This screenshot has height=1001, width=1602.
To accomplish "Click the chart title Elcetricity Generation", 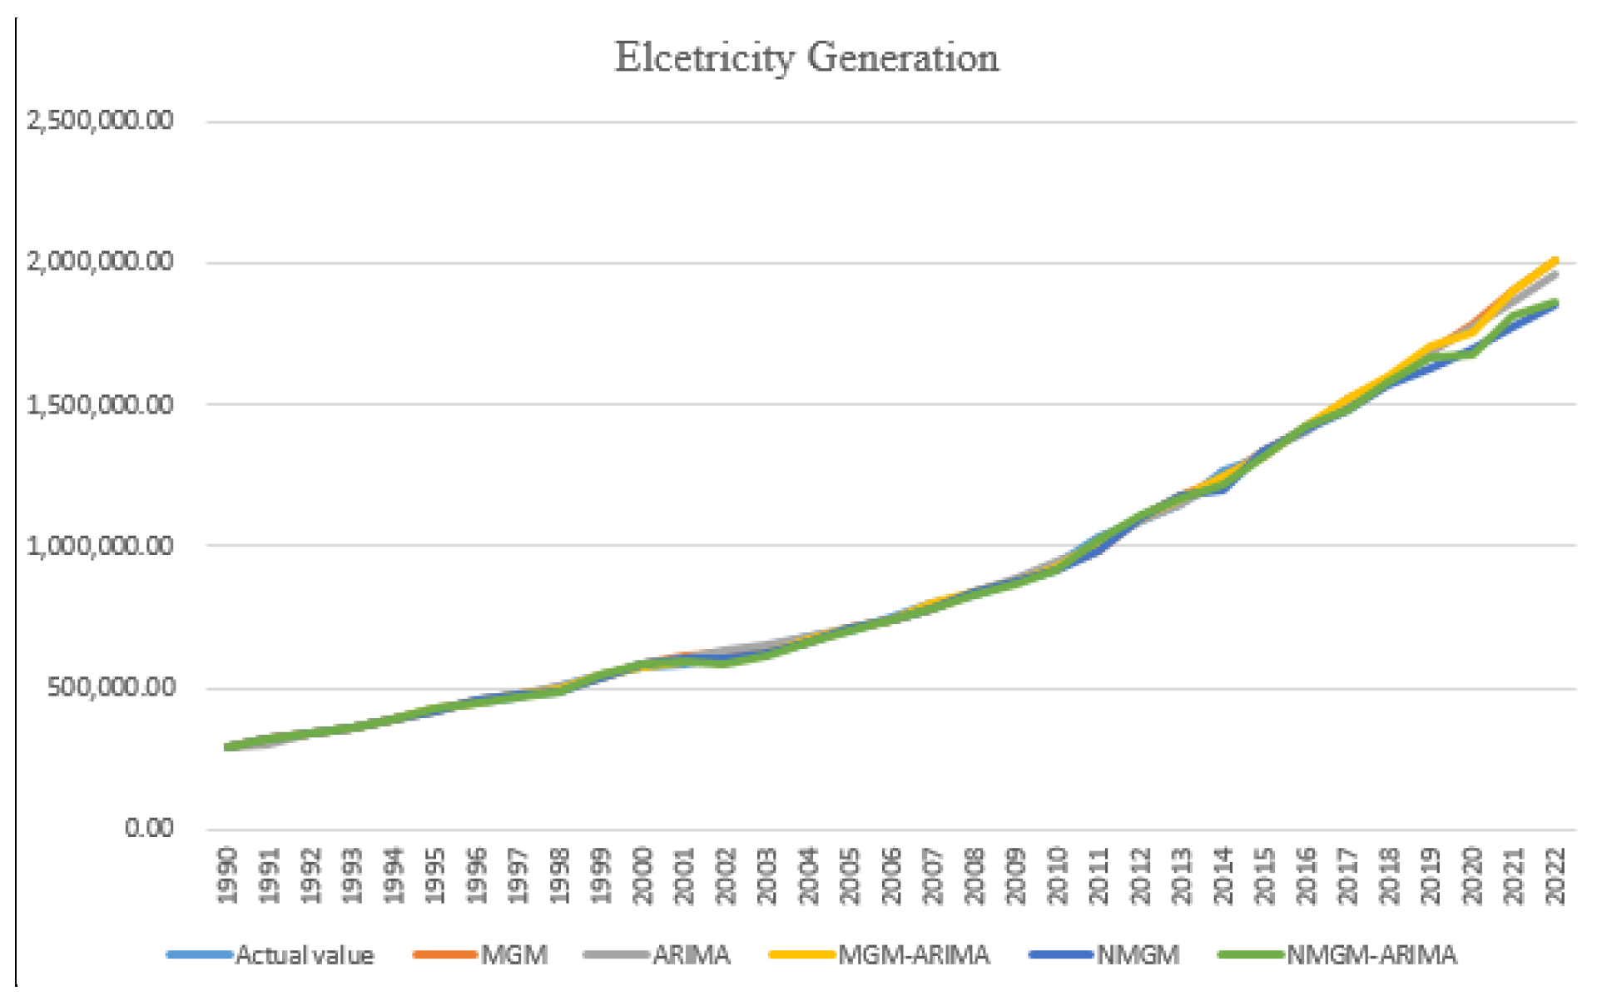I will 806,58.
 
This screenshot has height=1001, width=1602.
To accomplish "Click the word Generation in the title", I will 902,58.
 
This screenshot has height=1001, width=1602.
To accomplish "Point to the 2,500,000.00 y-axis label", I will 101,121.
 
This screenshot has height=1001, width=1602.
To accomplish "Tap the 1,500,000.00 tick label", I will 101,405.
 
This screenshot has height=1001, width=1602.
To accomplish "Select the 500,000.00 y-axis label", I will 111,688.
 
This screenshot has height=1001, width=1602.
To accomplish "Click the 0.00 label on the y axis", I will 149,829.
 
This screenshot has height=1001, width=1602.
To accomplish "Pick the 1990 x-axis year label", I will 227,875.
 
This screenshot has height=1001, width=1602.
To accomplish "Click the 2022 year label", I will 1555,875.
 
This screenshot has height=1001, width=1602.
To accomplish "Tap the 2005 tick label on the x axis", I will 850,875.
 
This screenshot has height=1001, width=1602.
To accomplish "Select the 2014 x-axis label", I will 1223,875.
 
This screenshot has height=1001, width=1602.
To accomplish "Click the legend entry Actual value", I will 305,955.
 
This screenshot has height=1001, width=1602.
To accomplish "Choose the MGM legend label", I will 514,955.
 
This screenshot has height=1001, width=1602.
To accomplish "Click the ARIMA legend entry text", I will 692,955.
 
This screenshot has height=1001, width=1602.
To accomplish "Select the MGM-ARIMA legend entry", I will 914,955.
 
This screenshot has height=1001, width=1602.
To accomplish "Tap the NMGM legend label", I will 1138,955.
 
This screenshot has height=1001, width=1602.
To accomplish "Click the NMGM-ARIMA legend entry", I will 1371,955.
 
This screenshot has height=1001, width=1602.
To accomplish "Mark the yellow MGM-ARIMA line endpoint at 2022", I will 1554,261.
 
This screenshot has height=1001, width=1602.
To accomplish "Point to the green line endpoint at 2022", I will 1554,303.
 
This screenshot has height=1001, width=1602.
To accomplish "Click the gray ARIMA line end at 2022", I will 1554,274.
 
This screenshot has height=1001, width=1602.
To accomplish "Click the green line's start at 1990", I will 228,747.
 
